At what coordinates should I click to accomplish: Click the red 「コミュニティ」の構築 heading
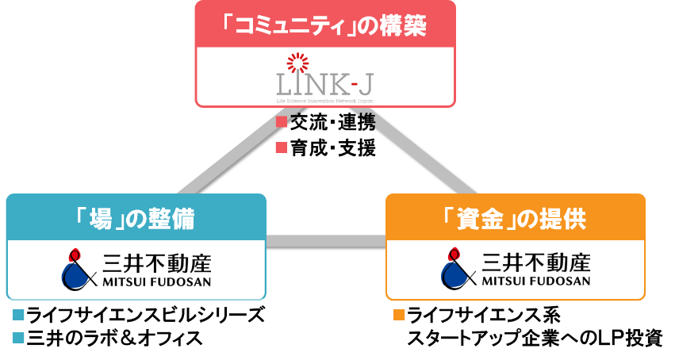(x=325, y=27)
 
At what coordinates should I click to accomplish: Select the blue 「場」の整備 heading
(x=136, y=217)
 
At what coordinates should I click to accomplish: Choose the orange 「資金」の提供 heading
(x=516, y=217)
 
